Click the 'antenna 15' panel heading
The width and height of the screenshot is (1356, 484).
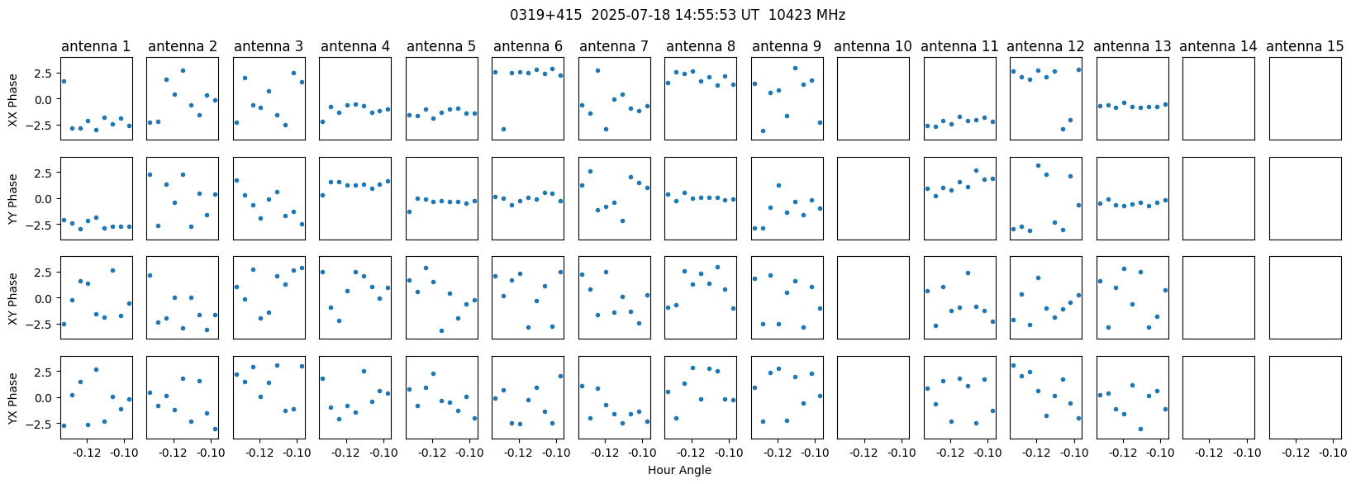[1305, 46]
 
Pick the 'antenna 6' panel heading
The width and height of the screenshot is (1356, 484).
[527, 46]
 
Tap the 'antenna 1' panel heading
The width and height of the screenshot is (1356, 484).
[96, 46]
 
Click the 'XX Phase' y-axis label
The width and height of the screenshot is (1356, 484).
[12, 99]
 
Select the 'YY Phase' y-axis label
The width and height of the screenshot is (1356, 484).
[12, 199]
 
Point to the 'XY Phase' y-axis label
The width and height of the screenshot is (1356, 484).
[12, 298]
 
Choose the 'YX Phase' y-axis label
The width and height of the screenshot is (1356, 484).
[12, 398]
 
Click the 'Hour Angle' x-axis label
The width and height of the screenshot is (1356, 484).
[679, 471]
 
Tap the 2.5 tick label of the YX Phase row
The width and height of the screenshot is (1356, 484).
[45, 372]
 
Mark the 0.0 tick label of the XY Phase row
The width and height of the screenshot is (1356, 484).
[45, 298]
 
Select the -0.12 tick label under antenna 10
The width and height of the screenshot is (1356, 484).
[864, 453]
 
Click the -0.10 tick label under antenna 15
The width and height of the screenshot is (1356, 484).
[1332, 453]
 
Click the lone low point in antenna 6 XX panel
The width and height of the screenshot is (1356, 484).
[503, 129]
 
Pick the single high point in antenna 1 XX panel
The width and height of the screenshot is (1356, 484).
[64, 81]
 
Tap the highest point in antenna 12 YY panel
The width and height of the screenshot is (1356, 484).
[1038, 165]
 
